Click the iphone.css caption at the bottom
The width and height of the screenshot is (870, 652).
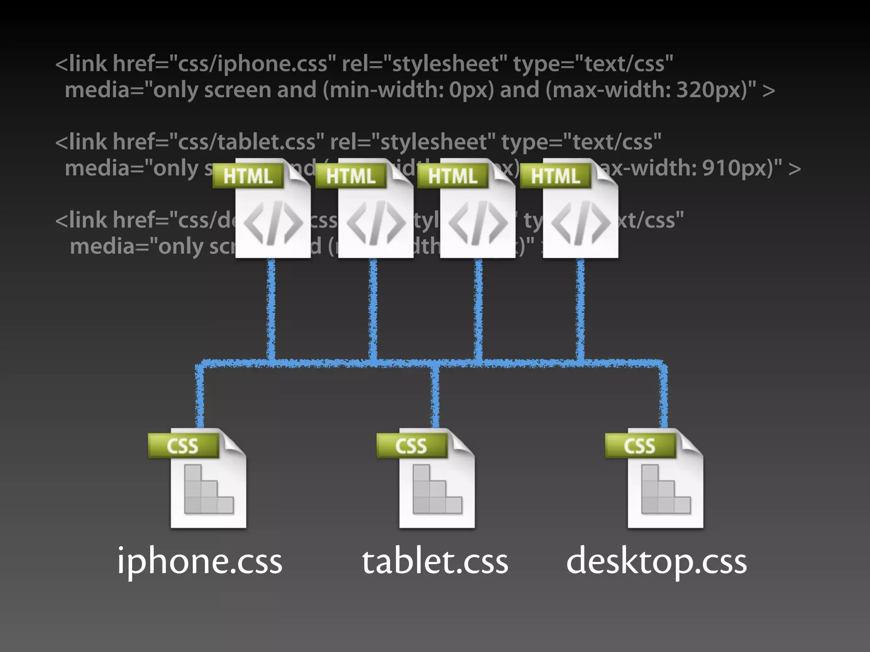(200, 561)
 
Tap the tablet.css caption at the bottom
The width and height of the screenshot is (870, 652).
(435, 561)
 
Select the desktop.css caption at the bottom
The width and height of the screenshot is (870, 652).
(656, 561)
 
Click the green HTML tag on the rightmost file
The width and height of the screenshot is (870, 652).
(555, 176)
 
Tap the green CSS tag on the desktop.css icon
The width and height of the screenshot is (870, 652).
(640, 446)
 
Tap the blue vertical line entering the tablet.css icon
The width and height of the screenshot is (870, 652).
(435, 399)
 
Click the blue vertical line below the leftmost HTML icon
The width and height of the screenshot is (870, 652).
(271, 310)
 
